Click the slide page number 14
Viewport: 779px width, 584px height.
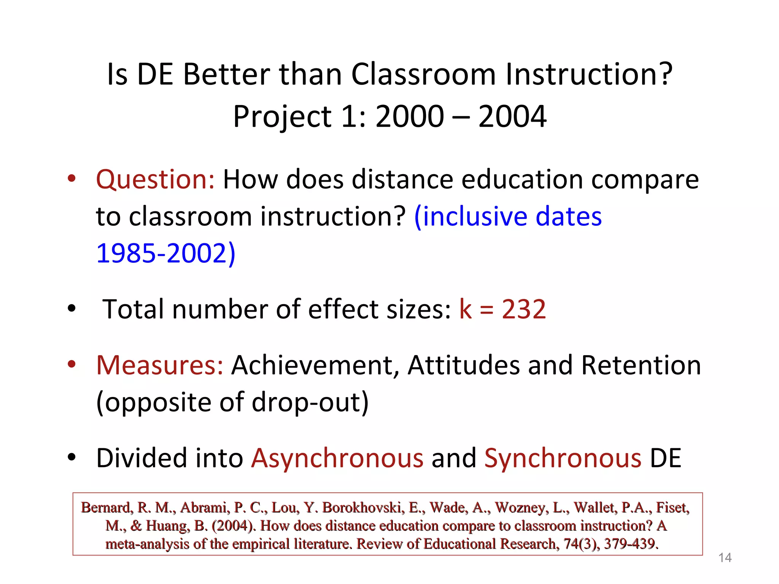(x=725, y=558)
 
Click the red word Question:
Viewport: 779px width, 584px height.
(x=156, y=179)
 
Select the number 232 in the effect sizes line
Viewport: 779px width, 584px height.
(x=524, y=309)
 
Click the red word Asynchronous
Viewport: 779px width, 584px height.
(x=337, y=458)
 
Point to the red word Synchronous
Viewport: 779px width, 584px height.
(x=563, y=458)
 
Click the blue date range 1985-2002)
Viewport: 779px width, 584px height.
(x=166, y=253)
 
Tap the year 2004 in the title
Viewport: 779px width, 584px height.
(x=512, y=116)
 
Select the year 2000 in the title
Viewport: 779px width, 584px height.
(x=410, y=116)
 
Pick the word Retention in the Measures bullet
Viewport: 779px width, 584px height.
(x=641, y=365)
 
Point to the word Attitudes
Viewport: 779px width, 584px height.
(x=463, y=365)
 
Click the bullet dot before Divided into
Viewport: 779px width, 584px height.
(x=72, y=458)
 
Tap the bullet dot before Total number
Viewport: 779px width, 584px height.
(x=72, y=309)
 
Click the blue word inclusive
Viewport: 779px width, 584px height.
(x=474, y=216)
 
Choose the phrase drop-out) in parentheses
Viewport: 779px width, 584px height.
(x=310, y=402)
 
